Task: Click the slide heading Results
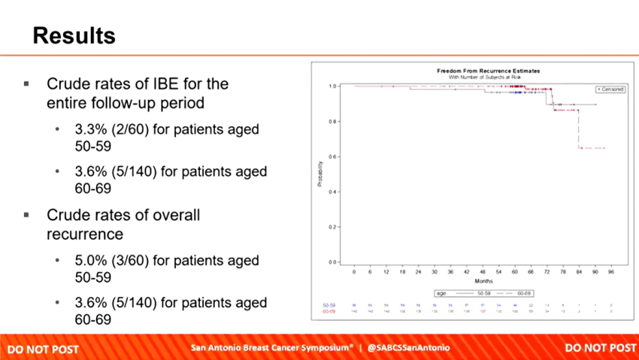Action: click(74, 35)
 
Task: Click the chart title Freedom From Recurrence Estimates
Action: click(488, 71)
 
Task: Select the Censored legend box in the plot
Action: click(610, 89)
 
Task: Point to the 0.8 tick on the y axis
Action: click(332, 122)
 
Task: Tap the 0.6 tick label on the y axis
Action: click(332, 157)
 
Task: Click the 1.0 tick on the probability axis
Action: click(332, 86)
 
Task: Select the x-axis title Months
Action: click(483, 280)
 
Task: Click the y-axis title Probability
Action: click(319, 174)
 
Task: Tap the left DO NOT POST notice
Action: click(43, 349)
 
